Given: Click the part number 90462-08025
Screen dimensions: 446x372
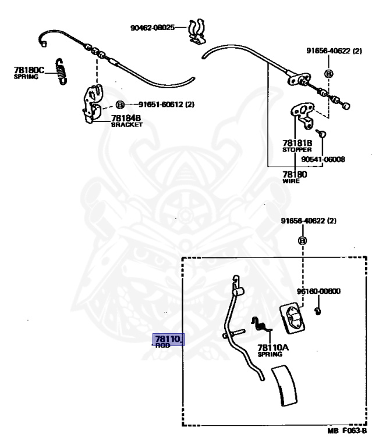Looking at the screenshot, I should point(153,27).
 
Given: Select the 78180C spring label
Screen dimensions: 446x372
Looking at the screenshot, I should point(29,73).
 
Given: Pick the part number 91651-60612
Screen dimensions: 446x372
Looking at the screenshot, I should point(161,105).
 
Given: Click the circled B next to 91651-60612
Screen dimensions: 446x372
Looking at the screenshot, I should point(120,105).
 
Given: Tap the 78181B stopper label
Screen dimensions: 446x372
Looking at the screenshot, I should point(297,145).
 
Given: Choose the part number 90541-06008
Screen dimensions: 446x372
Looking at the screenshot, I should point(323,159).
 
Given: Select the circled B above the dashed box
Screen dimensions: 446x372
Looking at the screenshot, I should point(303,240).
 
